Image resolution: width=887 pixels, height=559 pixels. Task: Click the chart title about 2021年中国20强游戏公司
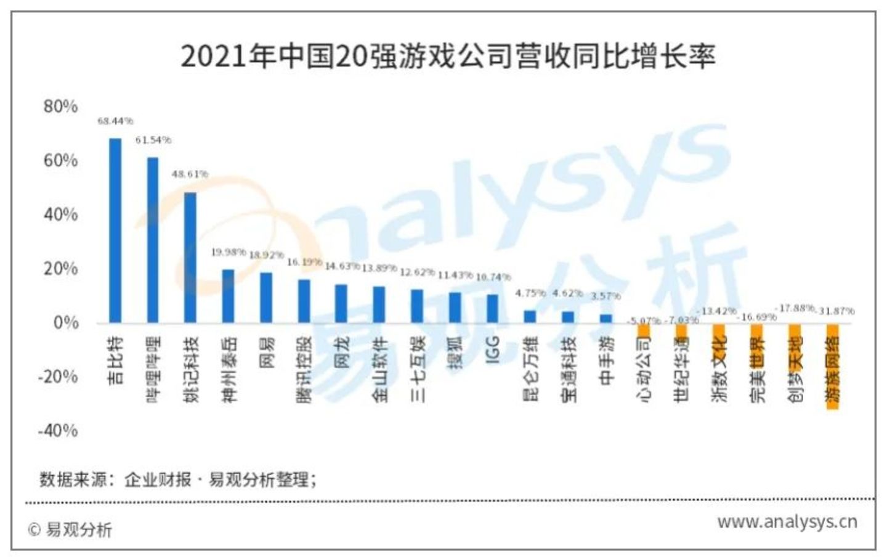tap(448, 56)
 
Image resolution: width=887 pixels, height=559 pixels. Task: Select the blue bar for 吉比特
tap(115, 231)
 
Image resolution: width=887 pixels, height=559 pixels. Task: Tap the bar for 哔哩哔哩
tap(152, 240)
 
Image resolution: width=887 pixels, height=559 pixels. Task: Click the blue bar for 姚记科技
tap(190, 258)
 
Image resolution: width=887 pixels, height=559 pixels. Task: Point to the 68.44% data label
tap(115, 121)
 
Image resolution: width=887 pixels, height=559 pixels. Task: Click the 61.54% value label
tap(153, 140)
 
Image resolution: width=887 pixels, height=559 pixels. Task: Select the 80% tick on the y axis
tap(60, 107)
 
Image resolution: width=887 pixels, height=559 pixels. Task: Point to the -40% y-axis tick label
tap(58, 430)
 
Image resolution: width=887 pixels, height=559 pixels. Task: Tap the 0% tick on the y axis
tap(65, 322)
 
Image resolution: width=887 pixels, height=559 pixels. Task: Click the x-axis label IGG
tap(493, 349)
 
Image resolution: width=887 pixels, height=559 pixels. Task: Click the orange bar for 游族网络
tap(832, 366)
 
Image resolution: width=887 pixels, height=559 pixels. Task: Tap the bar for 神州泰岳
tap(228, 296)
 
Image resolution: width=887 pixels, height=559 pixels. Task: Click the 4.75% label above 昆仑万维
tap(530, 293)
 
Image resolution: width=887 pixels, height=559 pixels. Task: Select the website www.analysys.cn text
tap(787, 522)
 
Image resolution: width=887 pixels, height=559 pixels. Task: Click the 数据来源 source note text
tap(178, 479)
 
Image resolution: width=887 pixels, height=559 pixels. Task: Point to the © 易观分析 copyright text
tap(70, 529)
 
